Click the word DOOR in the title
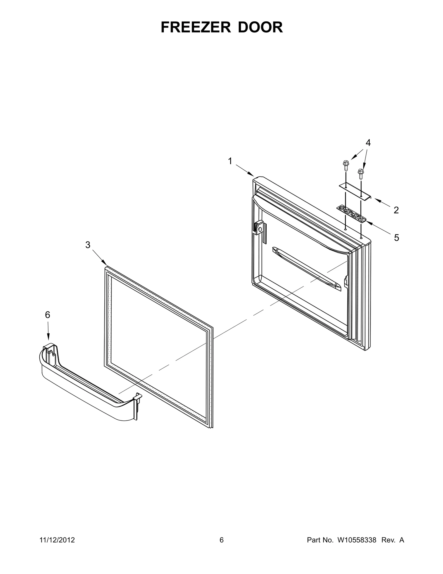click(x=260, y=28)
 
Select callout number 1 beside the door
click(x=230, y=161)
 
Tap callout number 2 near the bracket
click(x=396, y=210)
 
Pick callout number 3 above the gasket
click(x=88, y=245)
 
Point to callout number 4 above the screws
click(x=368, y=143)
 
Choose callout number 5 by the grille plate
click(x=396, y=238)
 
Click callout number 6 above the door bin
click(x=48, y=315)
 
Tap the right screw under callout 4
click(x=360, y=174)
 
